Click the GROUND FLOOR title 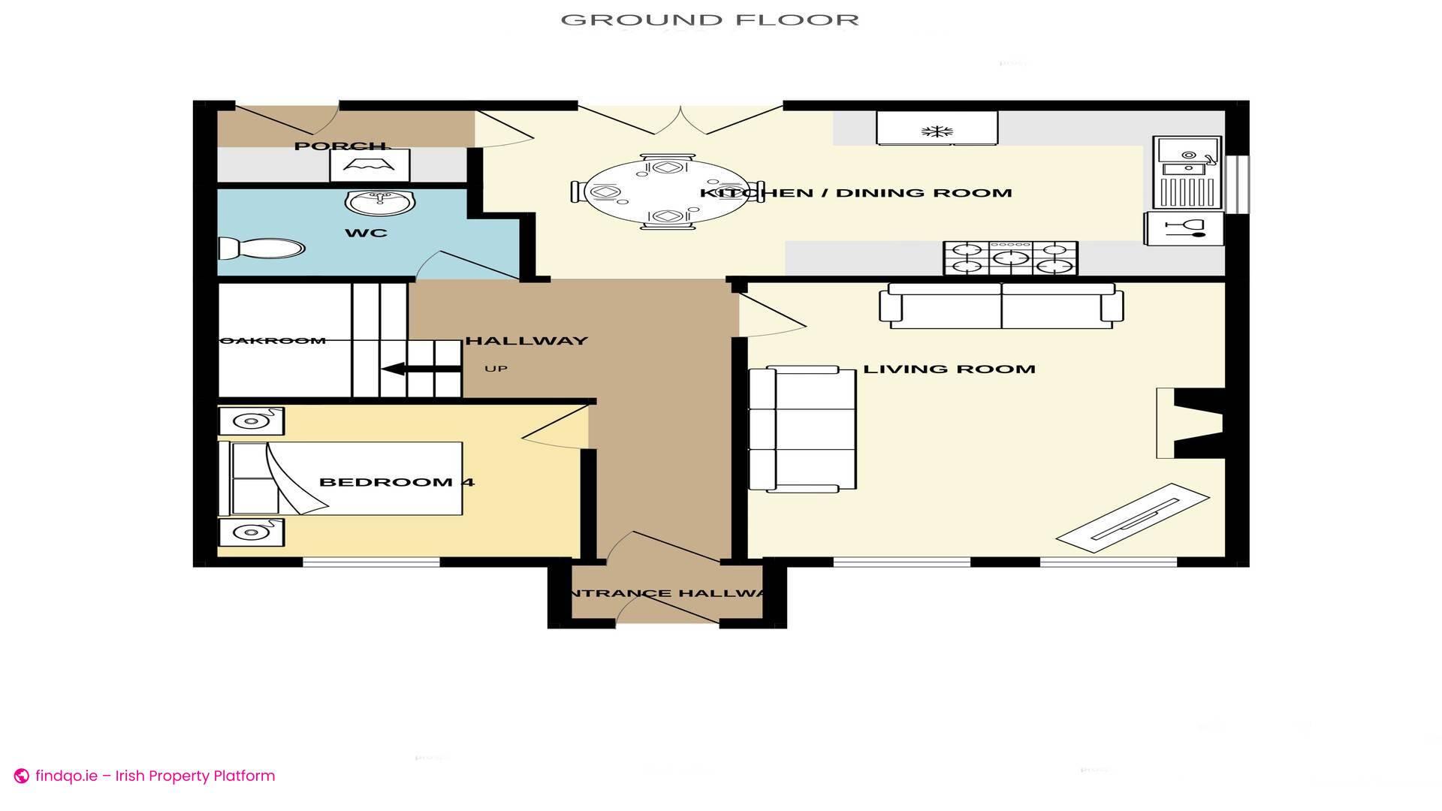pos(710,20)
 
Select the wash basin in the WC pos(380,202)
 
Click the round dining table pos(667,192)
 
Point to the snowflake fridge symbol pos(937,132)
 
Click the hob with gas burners pos(1011,258)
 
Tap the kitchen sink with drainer pos(1187,173)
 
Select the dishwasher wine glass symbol pos(1184,228)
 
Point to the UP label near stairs pos(496,369)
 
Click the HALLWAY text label pos(526,341)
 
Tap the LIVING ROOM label pos(949,369)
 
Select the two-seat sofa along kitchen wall pos(1001,306)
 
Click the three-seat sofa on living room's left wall pos(803,430)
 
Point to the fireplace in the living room pos(1190,423)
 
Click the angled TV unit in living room pos(1133,518)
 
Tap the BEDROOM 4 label pos(397,482)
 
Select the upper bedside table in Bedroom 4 pos(251,421)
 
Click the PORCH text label pos(339,146)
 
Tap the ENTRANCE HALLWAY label pos(667,593)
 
